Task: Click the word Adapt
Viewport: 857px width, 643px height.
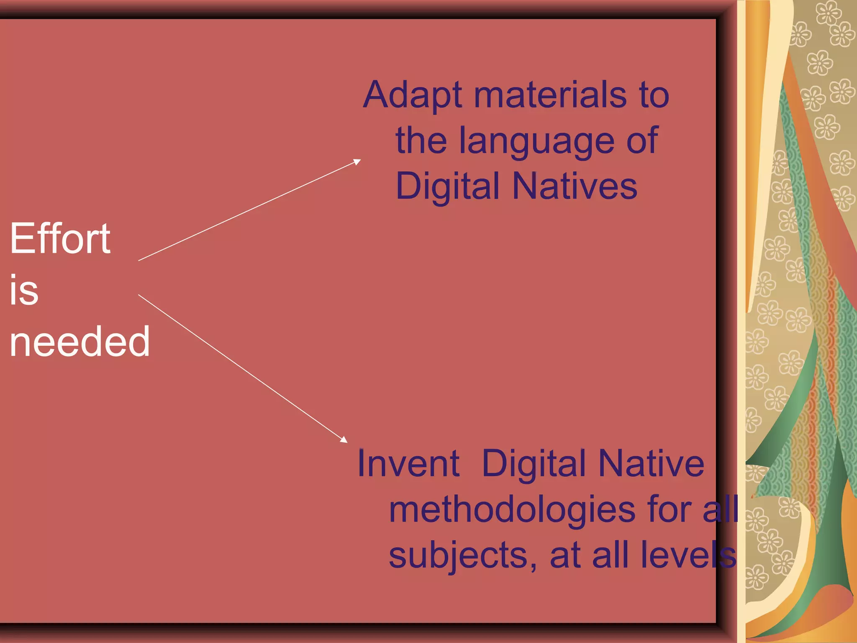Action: (x=413, y=95)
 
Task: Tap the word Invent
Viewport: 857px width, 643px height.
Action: (x=408, y=463)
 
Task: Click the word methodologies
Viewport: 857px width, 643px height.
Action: (x=512, y=510)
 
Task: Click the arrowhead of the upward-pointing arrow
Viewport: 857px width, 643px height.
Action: (x=357, y=162)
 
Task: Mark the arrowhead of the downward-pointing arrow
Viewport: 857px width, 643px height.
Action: (x=344, y=440)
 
